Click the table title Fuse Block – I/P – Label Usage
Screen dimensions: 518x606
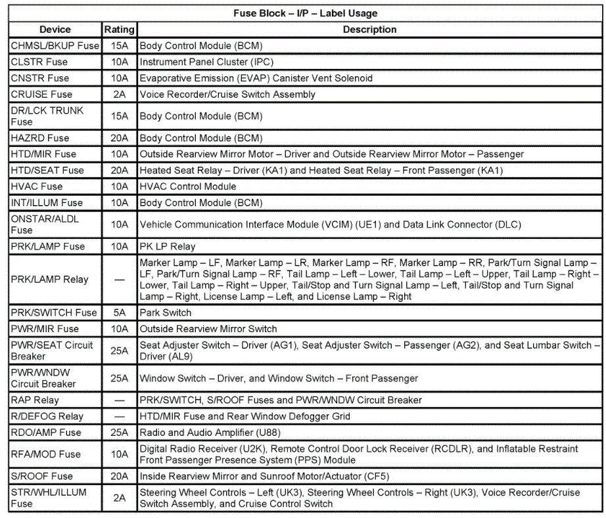305,13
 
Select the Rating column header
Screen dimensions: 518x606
119,30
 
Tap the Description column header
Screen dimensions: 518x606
369,30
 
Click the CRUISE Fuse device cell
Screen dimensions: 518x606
41,94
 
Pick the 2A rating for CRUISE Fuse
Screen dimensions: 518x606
119,94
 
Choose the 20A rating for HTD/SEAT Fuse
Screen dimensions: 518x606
119,170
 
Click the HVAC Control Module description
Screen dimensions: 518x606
187,186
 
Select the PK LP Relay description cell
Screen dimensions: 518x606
167,247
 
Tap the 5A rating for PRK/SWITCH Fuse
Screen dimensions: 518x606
119,313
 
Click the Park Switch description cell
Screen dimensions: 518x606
165,313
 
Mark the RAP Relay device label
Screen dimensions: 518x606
35,400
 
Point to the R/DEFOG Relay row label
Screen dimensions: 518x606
47,416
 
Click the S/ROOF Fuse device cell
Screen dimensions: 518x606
41,476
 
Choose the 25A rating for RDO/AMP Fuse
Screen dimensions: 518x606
119,432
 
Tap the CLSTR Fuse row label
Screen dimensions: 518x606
39,62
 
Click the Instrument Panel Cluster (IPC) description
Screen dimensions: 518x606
206,62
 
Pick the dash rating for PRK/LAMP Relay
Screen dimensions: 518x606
119,280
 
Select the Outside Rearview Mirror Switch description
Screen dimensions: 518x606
208,329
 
